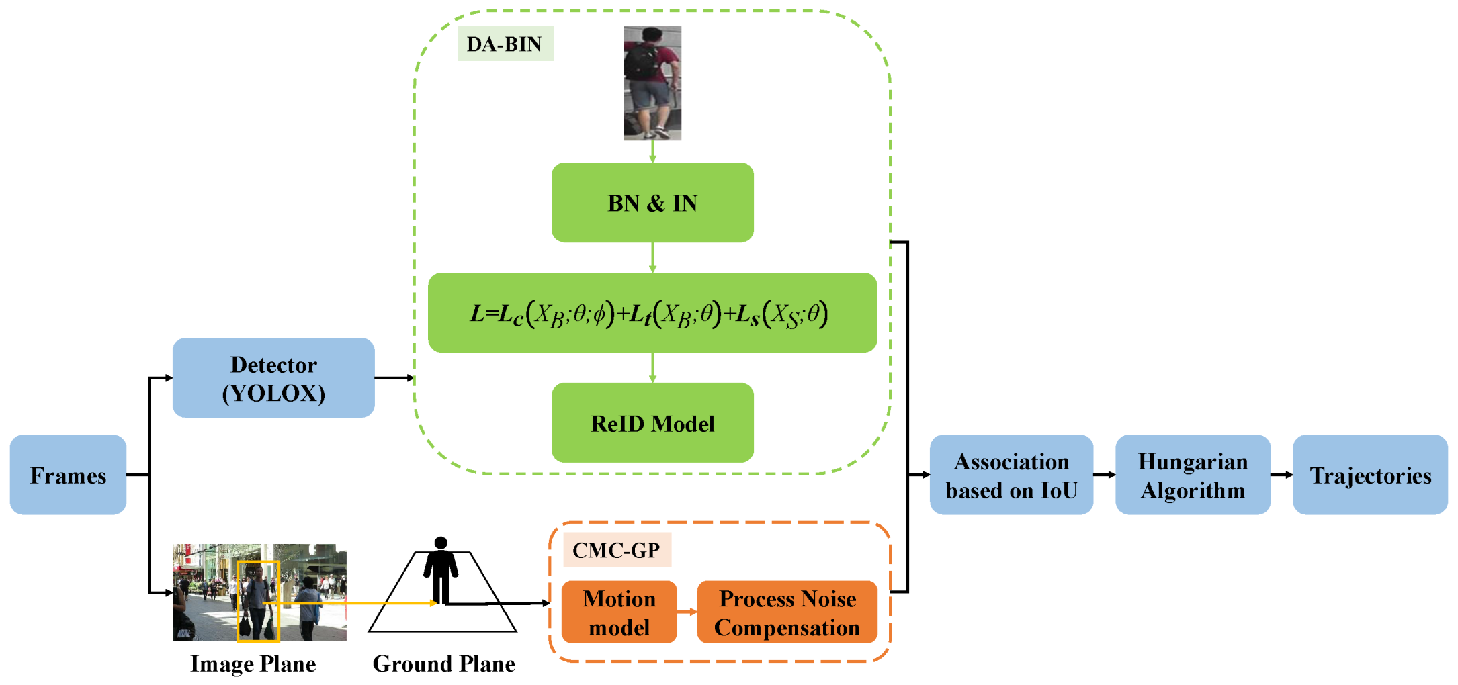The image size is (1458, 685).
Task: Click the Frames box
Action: point(68,475)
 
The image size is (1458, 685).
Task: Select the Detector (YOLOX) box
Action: point(273,378)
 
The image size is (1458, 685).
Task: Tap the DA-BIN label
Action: point(505,44)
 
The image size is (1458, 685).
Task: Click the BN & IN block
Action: point(652,202)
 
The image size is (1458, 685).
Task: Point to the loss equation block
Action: point(652,313)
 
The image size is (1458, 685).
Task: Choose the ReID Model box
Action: point(652,423)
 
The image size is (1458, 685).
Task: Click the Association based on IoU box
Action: point(1011,475)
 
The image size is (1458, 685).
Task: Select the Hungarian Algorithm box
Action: point(1193,475)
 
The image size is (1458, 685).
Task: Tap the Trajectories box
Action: point(1370,475)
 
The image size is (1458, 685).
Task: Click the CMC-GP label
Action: point(616,551)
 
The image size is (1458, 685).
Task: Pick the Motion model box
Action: point(619,612)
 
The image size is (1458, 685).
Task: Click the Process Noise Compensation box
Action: point(787,612)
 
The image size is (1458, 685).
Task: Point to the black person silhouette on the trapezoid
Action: point(441,571)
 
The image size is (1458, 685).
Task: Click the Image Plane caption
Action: point(253,664)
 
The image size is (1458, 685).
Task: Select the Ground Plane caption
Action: point(444,664)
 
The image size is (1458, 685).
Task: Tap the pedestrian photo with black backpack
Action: point(652,83)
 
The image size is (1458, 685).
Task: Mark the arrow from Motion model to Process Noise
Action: point(687,612)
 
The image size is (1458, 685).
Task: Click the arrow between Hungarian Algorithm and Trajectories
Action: point(1281,475)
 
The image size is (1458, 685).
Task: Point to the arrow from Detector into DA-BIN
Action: point(394,378)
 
